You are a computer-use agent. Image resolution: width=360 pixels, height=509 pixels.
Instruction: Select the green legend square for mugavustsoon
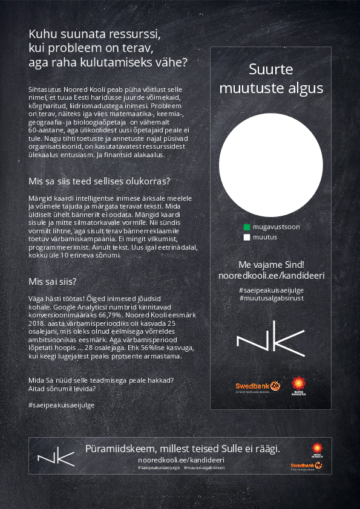pos(247,227)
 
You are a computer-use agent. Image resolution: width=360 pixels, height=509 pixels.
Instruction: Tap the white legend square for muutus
pos(247,238)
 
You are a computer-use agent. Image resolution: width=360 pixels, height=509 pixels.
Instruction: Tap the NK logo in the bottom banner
pos(56,457)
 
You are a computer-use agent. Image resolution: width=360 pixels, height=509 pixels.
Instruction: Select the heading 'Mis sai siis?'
pos(52,282)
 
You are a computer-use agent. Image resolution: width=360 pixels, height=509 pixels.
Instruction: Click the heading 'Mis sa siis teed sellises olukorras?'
pos(99,181)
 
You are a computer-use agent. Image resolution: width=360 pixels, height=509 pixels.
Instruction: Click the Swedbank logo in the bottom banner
pos(306,465)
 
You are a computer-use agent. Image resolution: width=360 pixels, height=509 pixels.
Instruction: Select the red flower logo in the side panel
pos(298,384)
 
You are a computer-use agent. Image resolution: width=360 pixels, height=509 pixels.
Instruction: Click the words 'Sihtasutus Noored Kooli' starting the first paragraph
pos(65,89)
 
